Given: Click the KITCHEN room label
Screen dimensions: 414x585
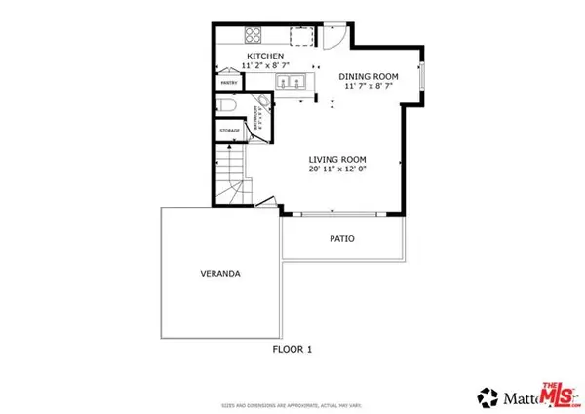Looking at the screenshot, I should click(264, 57).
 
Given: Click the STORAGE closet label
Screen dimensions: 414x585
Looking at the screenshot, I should click(229, 130).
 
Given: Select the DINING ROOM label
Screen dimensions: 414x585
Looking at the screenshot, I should click(368, 76).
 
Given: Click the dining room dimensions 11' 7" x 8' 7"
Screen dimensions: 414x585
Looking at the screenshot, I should click(368, 87).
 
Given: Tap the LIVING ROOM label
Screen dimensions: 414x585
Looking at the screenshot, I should click(337, 159).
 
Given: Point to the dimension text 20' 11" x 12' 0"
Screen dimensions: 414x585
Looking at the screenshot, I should click(337, 169).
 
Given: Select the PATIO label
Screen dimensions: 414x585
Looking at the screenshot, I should click(341, 238).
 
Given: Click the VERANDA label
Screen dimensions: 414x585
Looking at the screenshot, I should click(220, 274).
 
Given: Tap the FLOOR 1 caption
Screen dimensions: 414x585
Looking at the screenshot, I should click(292, 348).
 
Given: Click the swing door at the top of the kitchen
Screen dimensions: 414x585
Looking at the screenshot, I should click(333, 37).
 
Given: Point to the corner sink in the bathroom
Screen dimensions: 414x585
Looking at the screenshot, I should click(262, 103).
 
